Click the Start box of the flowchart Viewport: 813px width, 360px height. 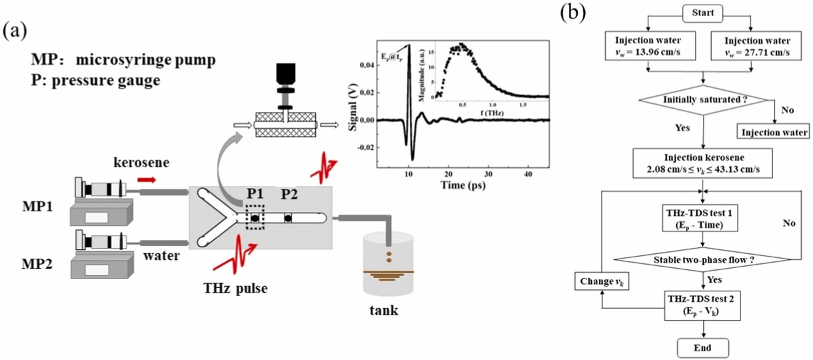[x=702, y=13]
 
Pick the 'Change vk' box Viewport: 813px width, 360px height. [x=602, y=281]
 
